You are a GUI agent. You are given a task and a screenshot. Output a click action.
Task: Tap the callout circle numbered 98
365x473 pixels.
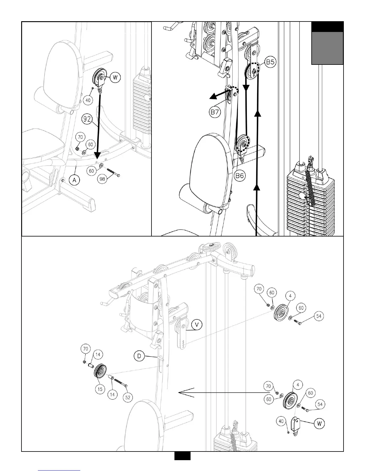(x=103, y=179)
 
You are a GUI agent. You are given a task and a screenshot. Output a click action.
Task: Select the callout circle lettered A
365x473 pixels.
(x=75, y=179)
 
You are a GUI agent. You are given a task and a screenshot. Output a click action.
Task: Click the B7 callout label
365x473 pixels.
(x=215, y=113)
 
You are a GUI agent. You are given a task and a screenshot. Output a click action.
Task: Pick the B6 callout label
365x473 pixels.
(x=240, y=176)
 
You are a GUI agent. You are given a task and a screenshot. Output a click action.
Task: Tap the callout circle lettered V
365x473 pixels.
(x=196, y=325)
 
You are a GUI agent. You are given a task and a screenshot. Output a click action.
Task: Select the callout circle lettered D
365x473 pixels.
(x=139, y=356)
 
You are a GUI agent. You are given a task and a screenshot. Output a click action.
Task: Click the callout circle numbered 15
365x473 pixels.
(x=100, y=389)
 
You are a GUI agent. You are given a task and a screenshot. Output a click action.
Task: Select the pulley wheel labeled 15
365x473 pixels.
(x=100, y=372)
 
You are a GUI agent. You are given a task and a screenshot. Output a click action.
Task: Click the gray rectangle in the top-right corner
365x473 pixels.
(x=327, y=48)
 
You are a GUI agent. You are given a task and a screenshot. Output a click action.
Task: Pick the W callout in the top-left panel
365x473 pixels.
(x=115, y=78)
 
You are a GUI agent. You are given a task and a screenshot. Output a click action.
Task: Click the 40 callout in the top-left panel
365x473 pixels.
(x=88, y=100)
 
